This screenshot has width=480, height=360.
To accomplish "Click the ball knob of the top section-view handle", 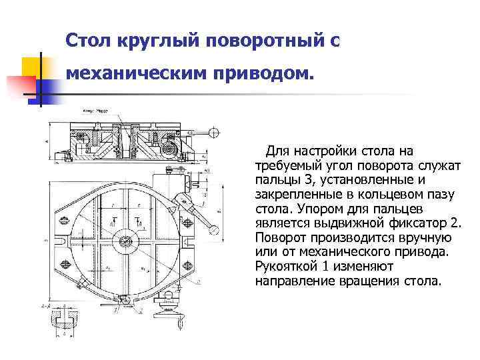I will pos(215,131).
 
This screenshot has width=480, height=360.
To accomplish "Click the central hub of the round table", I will pos(123,241).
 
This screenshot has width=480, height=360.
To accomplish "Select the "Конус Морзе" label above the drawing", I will pos(95,111).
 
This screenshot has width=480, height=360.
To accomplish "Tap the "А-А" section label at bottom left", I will pos(46,305).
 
